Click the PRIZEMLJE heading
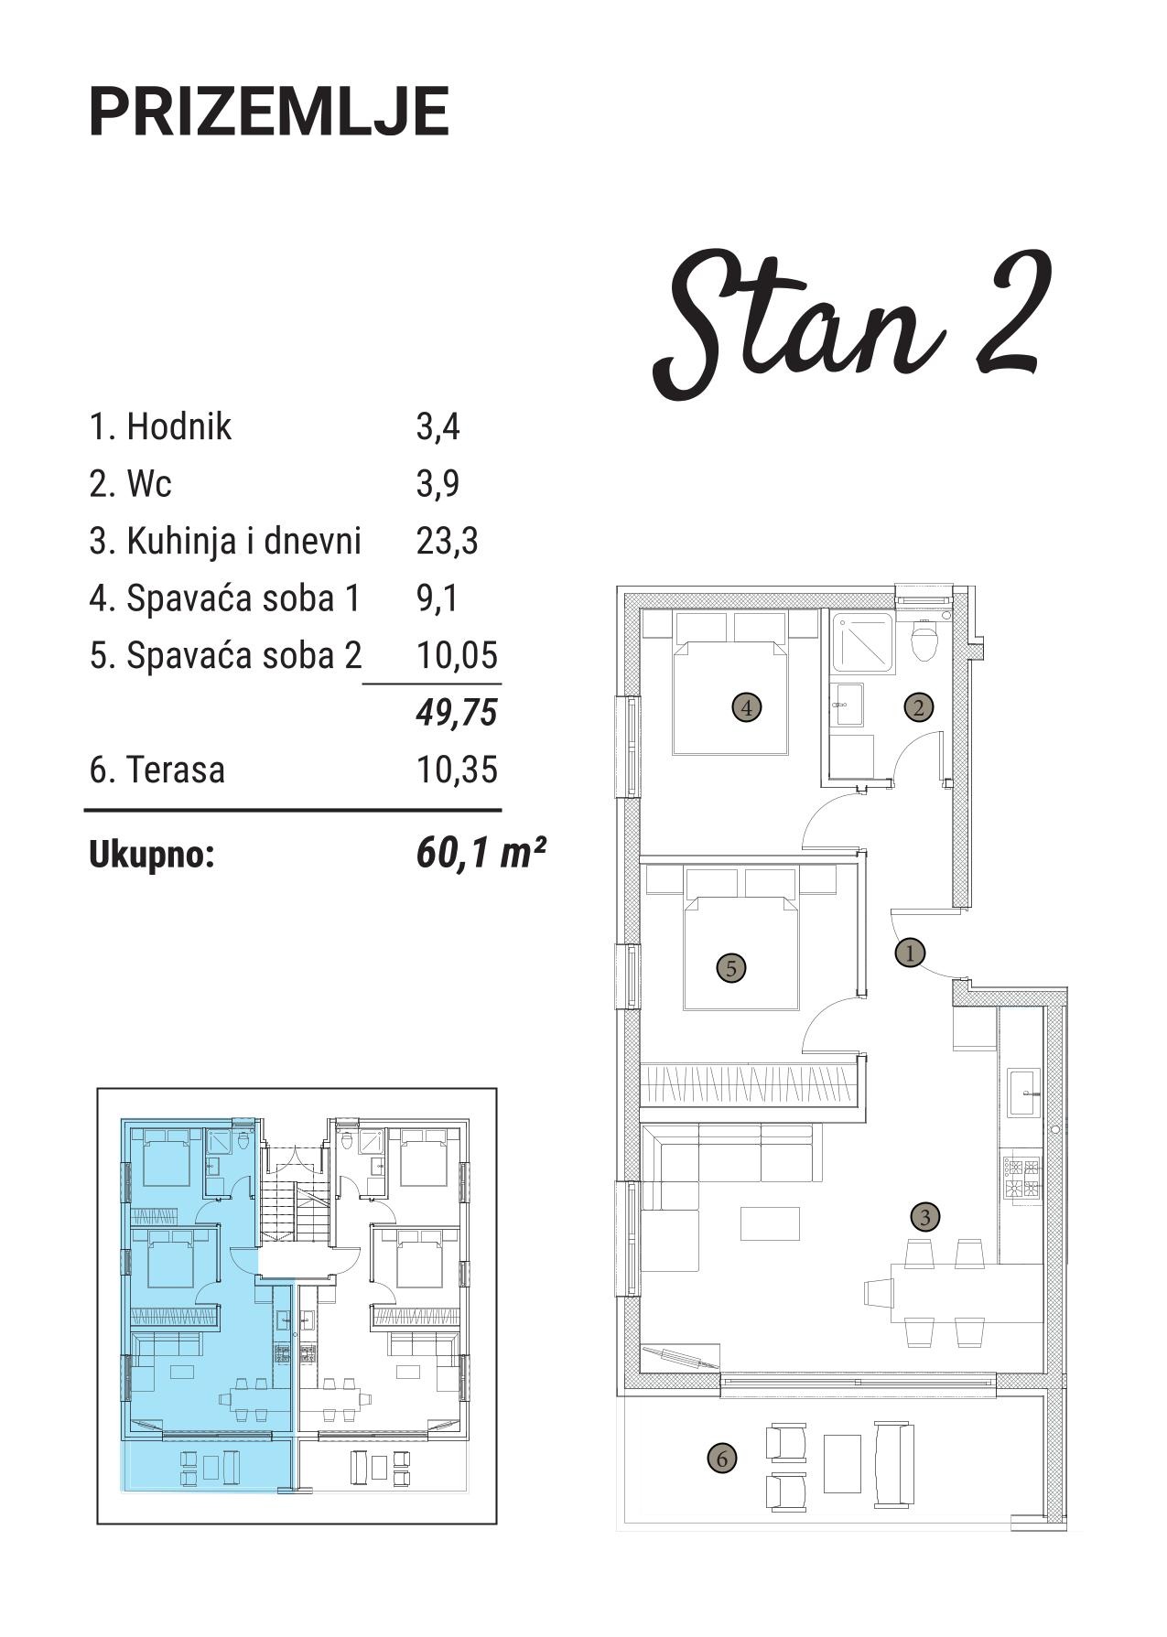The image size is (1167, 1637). pos(269,112)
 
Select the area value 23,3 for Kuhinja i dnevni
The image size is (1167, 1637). pos(447,541)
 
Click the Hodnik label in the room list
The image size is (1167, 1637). pos(178,426)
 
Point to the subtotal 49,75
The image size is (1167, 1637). pos(457,712)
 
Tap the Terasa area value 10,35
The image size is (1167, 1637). pos(457,770)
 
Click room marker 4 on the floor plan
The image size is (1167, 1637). pos(747,707)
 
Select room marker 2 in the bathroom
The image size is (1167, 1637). pos(918,706)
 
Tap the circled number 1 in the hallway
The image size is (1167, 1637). pos(910,953)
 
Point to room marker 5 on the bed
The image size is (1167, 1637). pos(730,967)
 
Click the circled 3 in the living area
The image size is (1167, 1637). pos(925,1217)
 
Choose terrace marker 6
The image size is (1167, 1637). pos(721,1458)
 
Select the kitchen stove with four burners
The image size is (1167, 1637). pos(1021,1178)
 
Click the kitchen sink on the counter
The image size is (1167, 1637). pos(1024,1092)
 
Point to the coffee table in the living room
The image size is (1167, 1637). pos(770,1224)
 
